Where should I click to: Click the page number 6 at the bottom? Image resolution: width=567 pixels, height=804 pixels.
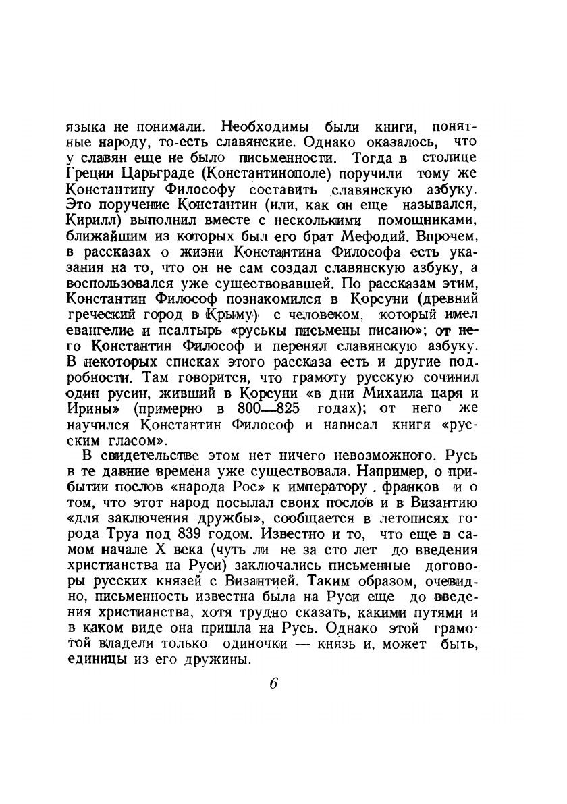click(273, 682)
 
